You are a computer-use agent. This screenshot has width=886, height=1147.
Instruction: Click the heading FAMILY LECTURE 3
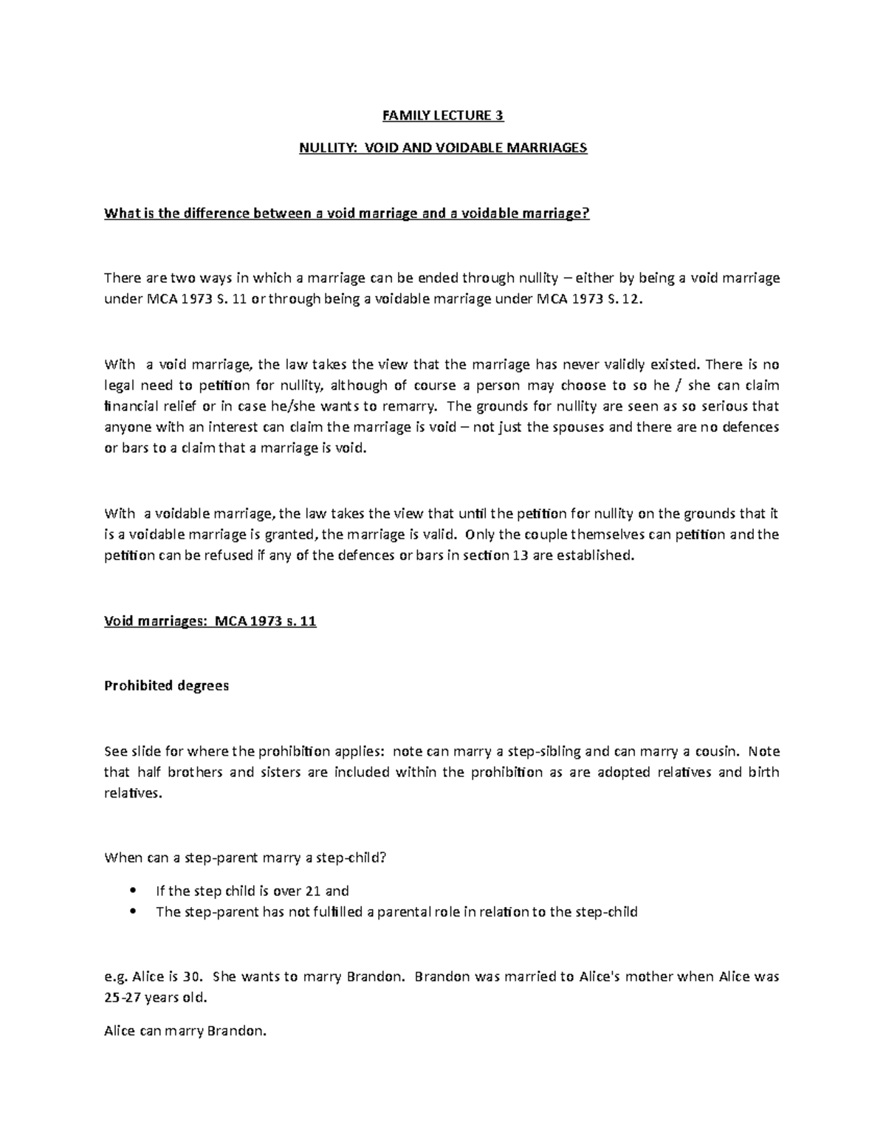(x=443, y=115)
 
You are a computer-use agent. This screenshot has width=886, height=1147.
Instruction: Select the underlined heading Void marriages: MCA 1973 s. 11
(x=210, y=620)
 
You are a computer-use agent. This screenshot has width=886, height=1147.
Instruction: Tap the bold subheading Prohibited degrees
(x=167, y=685)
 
